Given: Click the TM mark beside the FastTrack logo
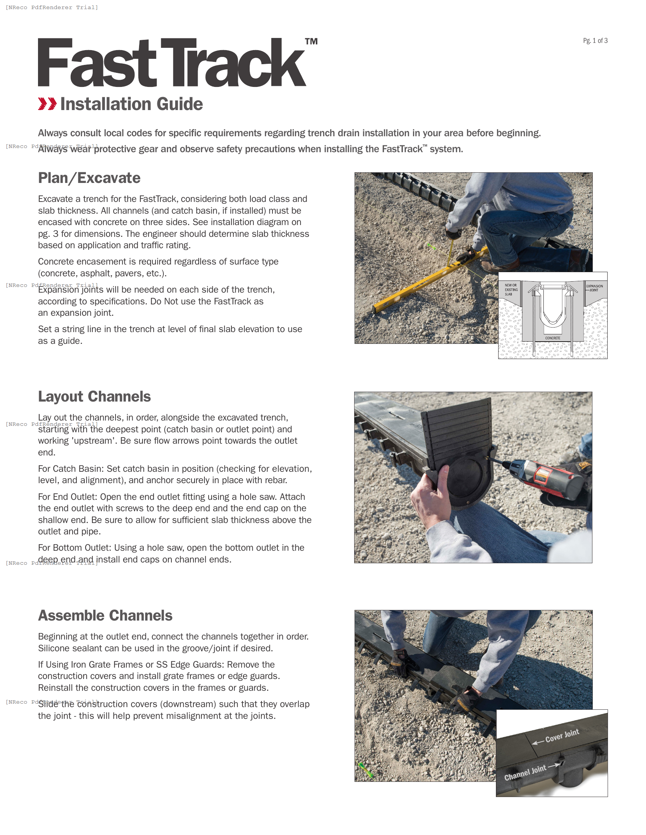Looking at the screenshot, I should point(311,41).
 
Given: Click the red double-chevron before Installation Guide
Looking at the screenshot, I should point(47,104).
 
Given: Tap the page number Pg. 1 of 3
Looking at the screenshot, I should point(595,41).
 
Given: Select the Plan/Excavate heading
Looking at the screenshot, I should point(89,178).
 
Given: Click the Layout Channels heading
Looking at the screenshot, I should point(94,397).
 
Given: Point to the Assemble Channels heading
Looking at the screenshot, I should point(105,616).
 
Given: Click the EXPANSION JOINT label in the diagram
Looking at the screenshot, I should point(594,288).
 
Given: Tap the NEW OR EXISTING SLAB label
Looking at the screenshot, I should point(511,290).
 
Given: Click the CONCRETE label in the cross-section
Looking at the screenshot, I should point(553,338).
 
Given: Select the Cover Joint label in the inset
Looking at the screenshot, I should point(561,736).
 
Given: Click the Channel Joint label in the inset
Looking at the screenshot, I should point(525,773).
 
